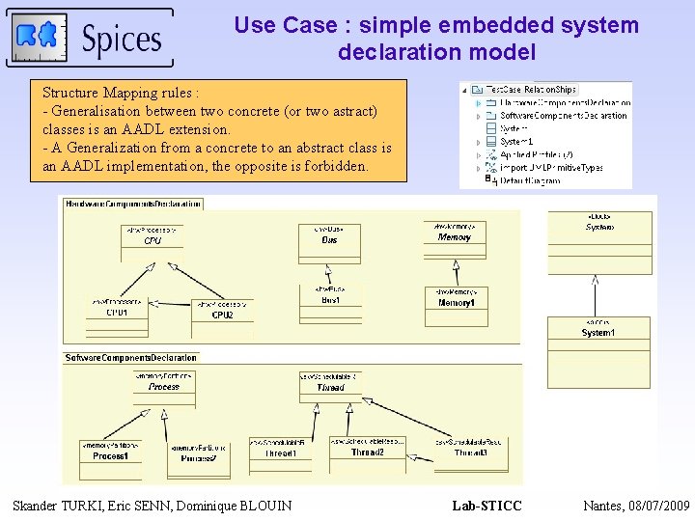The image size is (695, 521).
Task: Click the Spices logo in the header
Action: pyautogui.click(x=90, y=38)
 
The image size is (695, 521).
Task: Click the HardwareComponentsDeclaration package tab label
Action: pyautogui.click(x=133, y=204)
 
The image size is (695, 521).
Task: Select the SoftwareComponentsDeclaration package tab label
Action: pyautogui.click(x=131, y=358)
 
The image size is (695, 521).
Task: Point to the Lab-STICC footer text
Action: pyautogui.click(x=486, y=506)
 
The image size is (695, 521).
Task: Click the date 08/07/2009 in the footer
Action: pyautogui.click(x=659, y=506)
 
